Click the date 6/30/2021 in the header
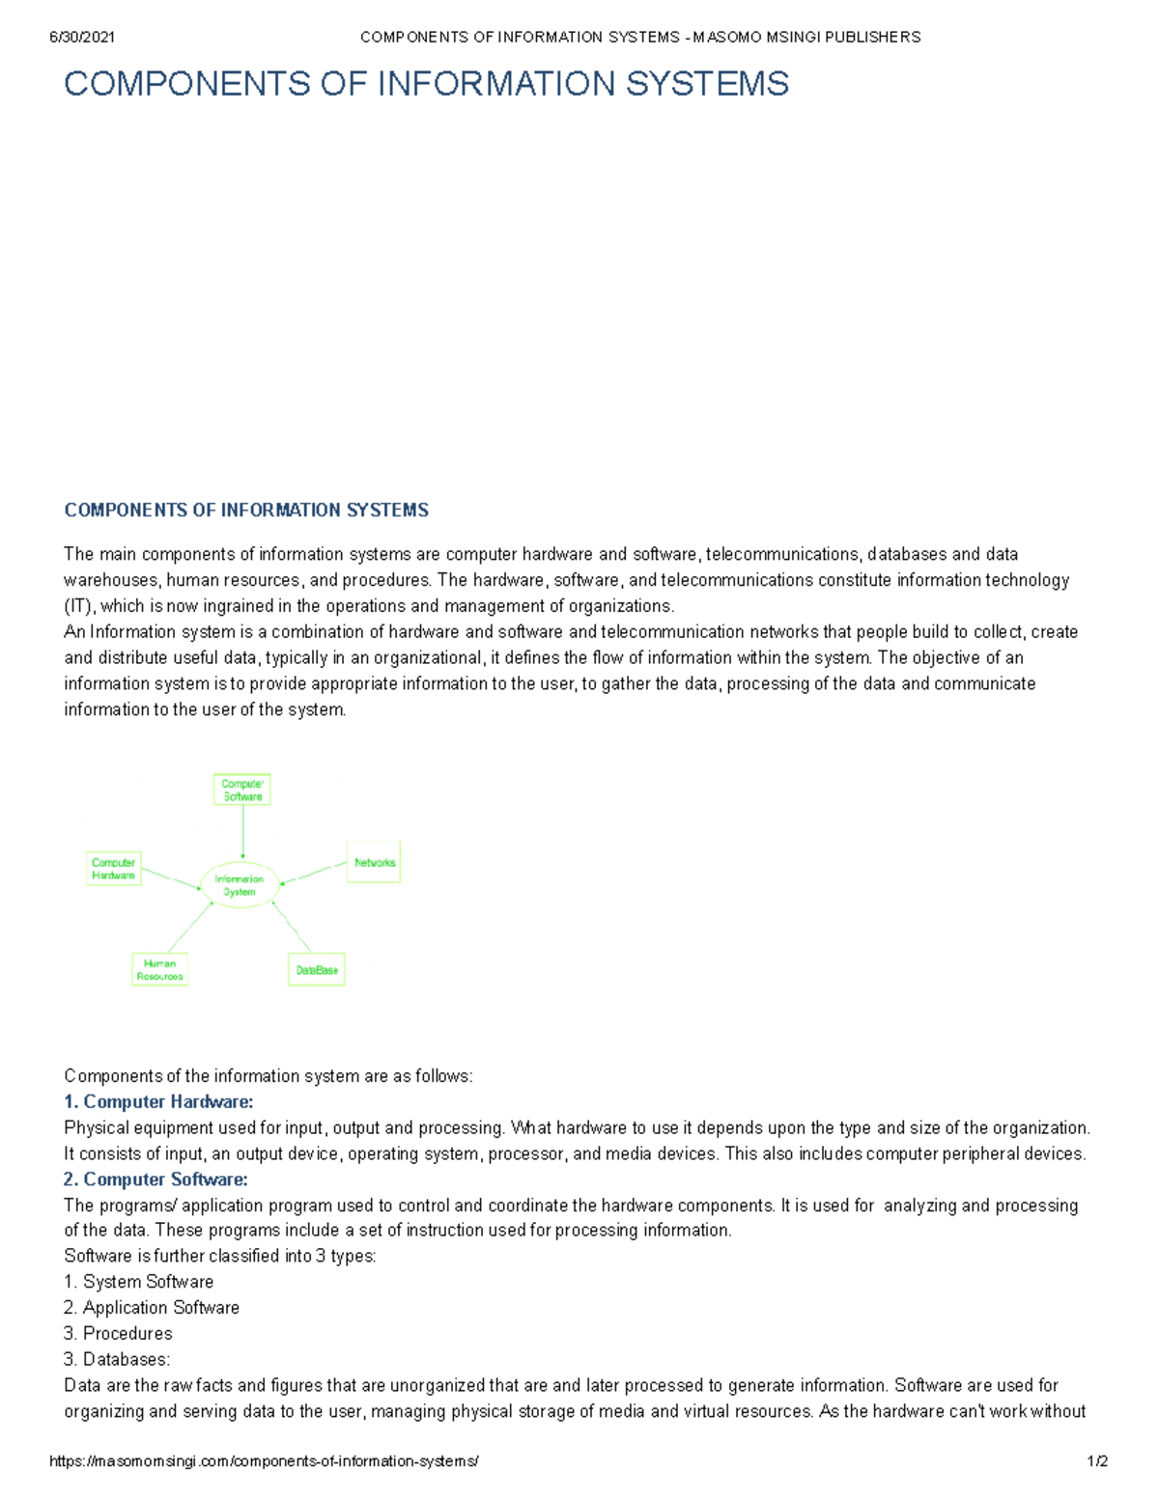tap(82, 37)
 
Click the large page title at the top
tap(426, 84)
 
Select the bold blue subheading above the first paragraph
tap(246, 510)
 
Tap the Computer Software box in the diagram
tap(241, 790)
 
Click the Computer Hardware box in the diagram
tap(113, 869)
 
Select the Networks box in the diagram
tap(374, 863)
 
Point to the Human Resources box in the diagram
tap(159, 970)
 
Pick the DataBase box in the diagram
tap(317, 970)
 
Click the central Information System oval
tap(239, 885)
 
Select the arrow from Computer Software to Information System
tap(242, 832)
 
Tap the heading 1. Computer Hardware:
tap(158, 1101)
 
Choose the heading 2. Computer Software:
tap(155, 1179)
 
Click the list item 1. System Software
tap(138, 1282)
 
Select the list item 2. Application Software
tap(152, 1308)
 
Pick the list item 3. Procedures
tap(118, 1333)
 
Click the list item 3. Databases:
tap(117, 1359)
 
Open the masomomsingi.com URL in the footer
tap(264, 1461)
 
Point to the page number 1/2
tap(1097, 1461)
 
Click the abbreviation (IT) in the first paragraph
tap(79, 606)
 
